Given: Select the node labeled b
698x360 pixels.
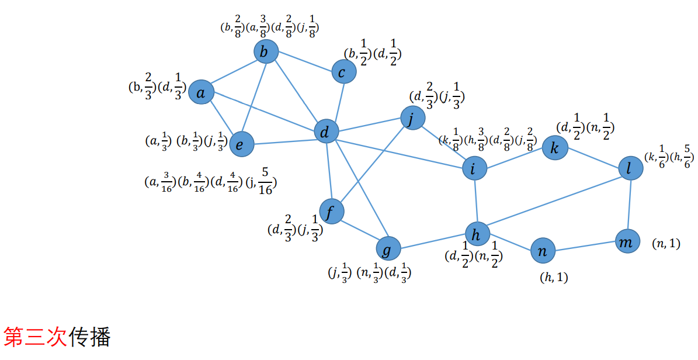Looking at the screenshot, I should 265,52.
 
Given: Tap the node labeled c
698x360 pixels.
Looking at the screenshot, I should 343,71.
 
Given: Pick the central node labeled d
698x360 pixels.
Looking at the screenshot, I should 326,131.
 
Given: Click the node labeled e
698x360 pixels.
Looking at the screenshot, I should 241,144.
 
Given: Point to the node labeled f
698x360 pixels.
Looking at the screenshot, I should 331,211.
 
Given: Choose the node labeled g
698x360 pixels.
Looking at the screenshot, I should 387,249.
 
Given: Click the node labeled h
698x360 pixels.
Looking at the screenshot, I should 477,234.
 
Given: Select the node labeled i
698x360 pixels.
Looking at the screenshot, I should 474,168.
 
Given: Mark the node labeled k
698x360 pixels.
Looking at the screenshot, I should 554,148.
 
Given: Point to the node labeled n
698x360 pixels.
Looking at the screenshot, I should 543,251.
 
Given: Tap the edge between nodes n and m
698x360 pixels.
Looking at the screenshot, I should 585,246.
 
